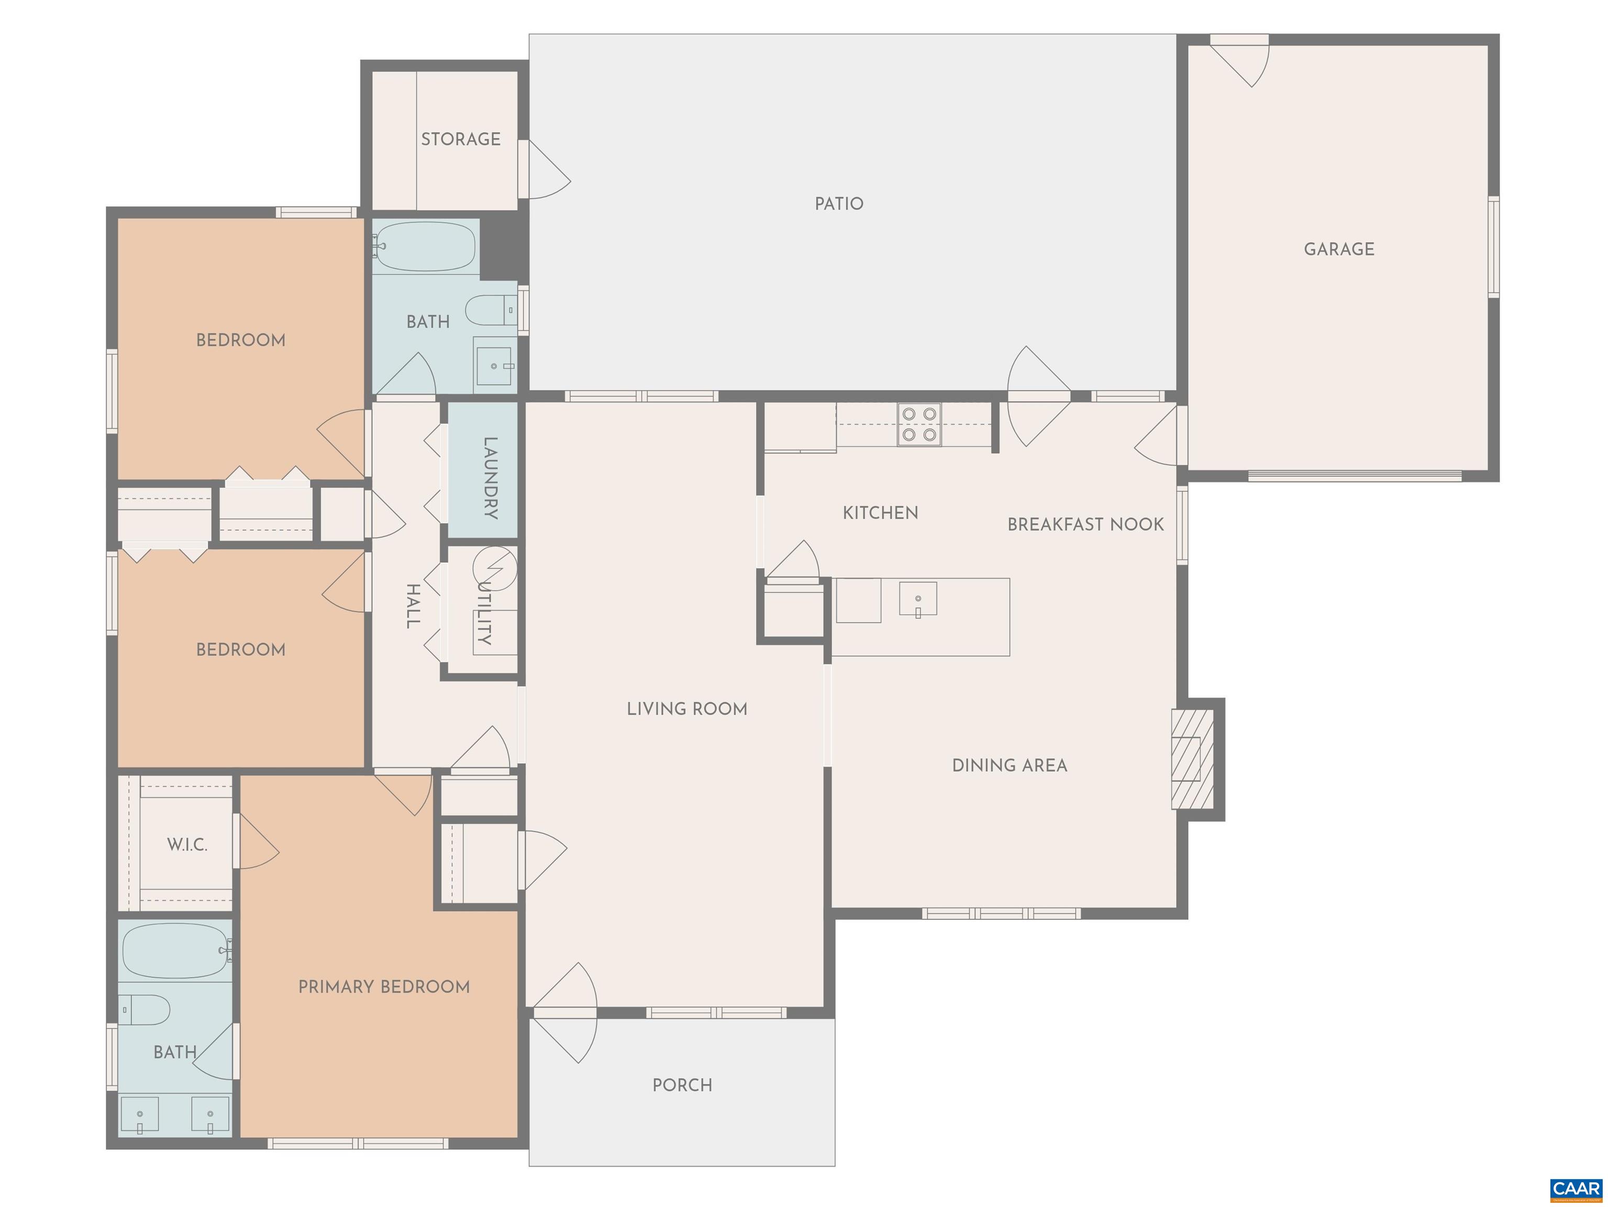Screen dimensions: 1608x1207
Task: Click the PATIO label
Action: click(839, 204)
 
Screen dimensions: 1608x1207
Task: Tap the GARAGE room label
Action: click(1339, 249)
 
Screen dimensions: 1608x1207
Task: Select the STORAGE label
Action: click(461, 139)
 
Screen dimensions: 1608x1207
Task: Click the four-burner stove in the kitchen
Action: click(919, 425)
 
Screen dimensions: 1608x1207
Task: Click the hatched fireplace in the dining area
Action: click(1192, 759)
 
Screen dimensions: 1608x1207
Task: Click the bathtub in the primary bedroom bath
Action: click(176, 951)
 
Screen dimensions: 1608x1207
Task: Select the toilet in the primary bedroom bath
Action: click(144, 1010)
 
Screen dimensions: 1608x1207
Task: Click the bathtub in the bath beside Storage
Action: click(425, 247)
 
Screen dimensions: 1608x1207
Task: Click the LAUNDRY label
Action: click(491, 478)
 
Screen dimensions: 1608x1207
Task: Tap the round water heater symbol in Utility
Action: click(495, 568)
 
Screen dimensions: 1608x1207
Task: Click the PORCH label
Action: click(682, 1085)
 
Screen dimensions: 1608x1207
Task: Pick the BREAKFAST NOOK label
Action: click(1085, 524)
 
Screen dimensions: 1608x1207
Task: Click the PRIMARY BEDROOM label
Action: click(384, 986)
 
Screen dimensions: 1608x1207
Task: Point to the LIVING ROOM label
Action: click(687, 709)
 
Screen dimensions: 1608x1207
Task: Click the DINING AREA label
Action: click(1010, 765)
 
